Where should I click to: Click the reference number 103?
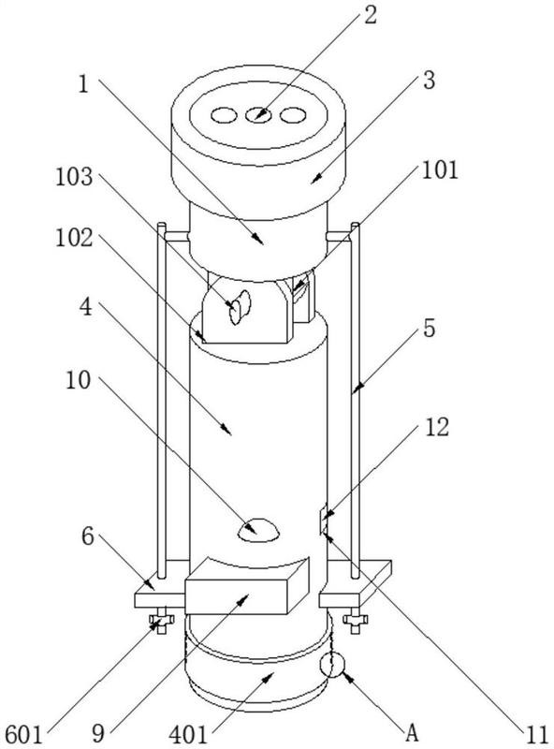74,177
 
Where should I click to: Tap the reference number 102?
74,238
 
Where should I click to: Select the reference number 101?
440,169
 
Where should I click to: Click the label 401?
189,735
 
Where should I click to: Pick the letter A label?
412,732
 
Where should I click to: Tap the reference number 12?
436,427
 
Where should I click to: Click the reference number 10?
78,381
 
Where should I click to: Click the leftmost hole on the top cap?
224,115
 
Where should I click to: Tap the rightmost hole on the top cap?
293,115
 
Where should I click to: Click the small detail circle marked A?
332,664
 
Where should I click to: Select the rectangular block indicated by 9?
247,586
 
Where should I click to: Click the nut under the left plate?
161,620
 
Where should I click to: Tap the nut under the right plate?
356,620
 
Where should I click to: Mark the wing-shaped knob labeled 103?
240,307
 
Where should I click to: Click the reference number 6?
87,536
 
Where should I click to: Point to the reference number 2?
371,14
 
